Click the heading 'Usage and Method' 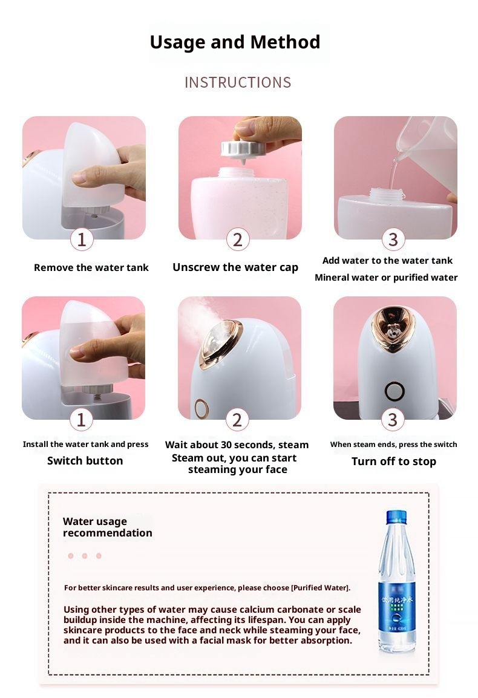pyautogui.click(x=235, y=42)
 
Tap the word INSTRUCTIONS pyautogui.click(x=238, y=82)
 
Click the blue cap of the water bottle pyautogui.click(x=396, y=517)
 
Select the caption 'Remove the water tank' pyautogui.click(x=91, y=267)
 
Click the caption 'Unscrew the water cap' pyautogui.click(x=235, y=267)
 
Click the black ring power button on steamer pyautogui.click(x=395, y=392)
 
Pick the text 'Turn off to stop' pyautogui.click(x=394, y=462)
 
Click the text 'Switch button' pyautogui.click(x=85, y=461)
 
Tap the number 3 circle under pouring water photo pyautogui.click(x=393, y=240)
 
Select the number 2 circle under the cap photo pyautogui.click(x=238, y=240)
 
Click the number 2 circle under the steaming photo pyautogui.click(x=237, y=420)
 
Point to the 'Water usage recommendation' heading pyautogui.click(x=107, y=527)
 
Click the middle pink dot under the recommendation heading pyautogui.click(x=85, y=555)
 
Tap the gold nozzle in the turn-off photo pyautogui.click(x=393, y=328)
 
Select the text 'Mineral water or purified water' pyautogui.click(x=386, y=278)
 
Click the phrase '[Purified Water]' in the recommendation pyautogui.click(x=320, y=587)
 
